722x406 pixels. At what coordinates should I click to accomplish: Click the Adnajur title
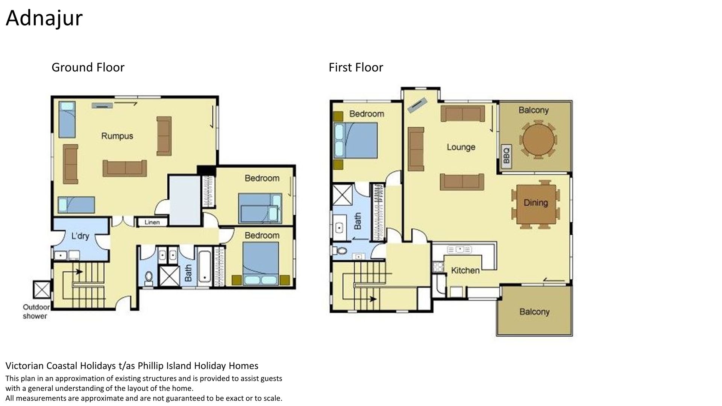44,18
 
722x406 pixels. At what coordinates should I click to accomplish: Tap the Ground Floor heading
88,67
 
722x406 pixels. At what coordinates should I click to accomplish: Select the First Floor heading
356,67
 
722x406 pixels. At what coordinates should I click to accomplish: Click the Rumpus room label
117,136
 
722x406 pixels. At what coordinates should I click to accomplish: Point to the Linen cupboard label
152,222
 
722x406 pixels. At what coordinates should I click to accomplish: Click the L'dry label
80,236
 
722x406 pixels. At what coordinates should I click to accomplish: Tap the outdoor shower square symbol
41,290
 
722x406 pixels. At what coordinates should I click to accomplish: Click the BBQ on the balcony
506,156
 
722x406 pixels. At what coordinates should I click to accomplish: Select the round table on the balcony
538,139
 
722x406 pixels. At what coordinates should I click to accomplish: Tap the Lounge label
461,147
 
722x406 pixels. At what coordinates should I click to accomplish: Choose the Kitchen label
465,270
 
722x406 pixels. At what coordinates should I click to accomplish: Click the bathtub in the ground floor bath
205,266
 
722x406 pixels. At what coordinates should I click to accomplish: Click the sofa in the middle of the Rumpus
125,168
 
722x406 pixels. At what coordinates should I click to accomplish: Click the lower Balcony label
534,312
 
